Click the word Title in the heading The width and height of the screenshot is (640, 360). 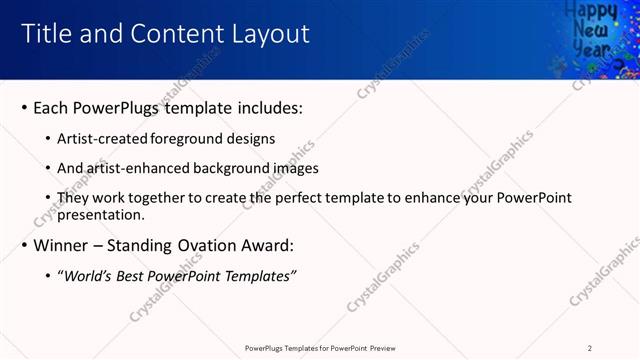pyautogui.click(x=45, y=34)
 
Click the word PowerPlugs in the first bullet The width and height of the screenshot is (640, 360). pyautogui.click(x=123, y=107)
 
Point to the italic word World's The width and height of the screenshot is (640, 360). pyautogui.click(x=87, y=275)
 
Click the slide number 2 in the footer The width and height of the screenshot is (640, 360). pyautogui.click(x=589, y=348)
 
